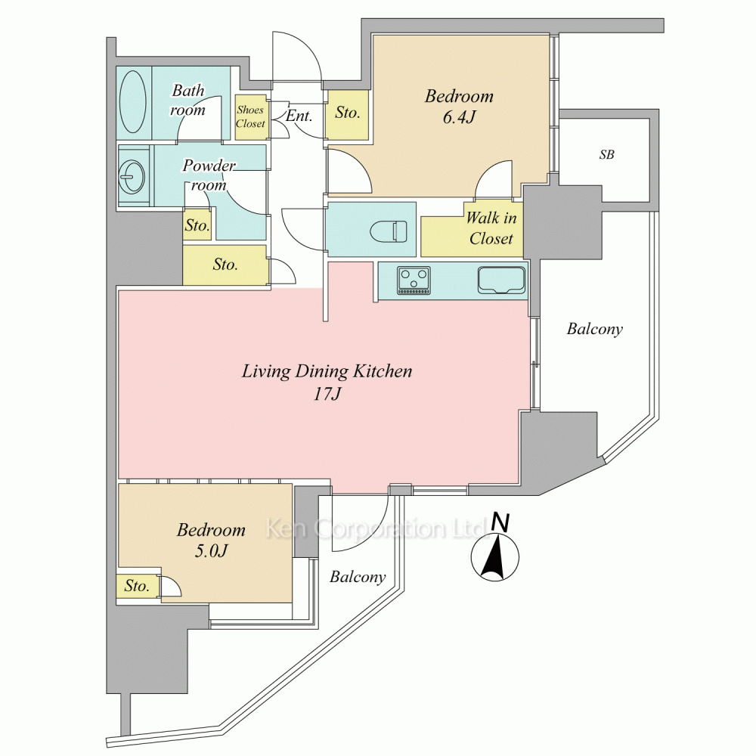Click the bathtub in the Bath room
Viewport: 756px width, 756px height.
132,102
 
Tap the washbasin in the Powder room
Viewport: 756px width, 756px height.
131,175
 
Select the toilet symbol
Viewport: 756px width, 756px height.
389,231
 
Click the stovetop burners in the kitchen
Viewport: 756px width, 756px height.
414,280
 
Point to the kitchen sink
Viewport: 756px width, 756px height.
501,280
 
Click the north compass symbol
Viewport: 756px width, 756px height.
495,550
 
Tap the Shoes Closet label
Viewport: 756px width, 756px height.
250,116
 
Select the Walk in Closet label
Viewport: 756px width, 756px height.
491,228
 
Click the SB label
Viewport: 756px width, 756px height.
607,155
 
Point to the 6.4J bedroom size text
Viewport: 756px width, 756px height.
459,118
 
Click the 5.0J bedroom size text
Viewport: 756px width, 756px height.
211,550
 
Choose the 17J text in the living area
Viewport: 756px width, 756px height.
327,395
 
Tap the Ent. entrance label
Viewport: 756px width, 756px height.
299,116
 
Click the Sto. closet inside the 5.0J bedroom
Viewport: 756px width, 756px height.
137,587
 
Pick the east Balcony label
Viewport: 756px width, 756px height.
595,330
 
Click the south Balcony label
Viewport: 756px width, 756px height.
358,577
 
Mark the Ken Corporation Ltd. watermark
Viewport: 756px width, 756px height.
376,528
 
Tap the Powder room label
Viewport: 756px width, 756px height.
209,175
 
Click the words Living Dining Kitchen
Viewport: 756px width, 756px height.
327,372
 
